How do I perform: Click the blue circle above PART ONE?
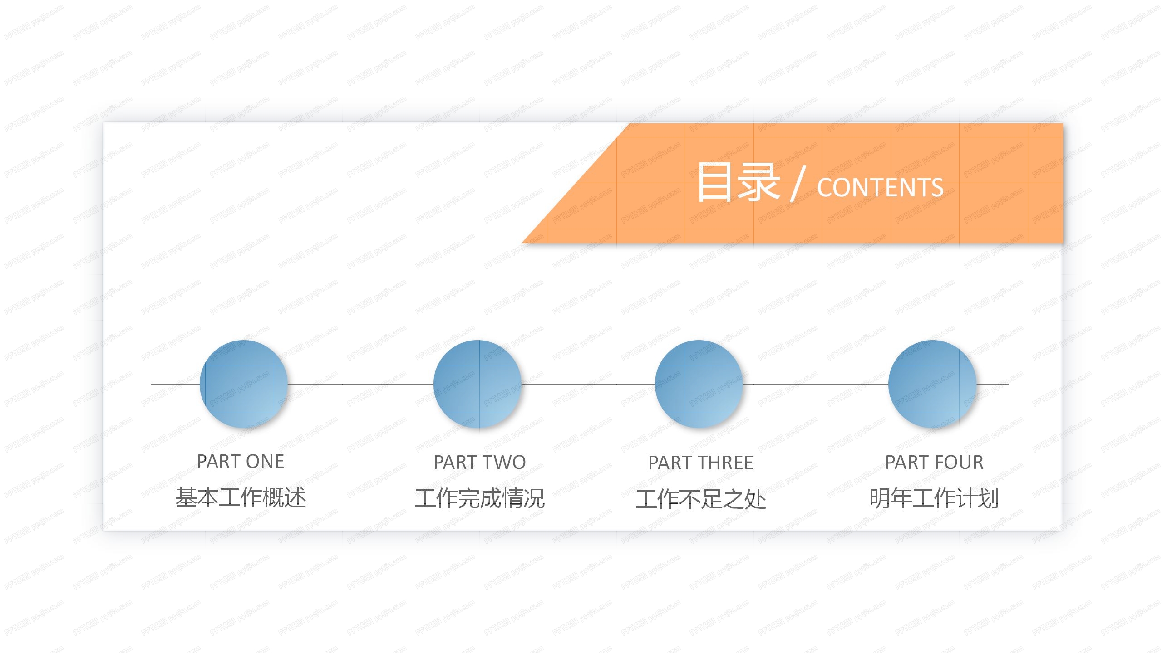pos(244,384)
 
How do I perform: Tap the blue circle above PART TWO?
pos(478,384)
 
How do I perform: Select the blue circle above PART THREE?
pos(699,384)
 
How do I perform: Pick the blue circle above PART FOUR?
pos(932,384)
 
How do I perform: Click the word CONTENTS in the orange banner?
pos(880,187)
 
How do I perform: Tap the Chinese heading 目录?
pos(739,182)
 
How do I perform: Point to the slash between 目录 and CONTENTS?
pos(798,183)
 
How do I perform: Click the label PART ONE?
pos(240,462)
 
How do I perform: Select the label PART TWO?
pos(479,463)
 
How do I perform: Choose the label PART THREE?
pos(700,463)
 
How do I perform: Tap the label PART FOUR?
pos(934,463)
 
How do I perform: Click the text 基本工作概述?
pos(241,497)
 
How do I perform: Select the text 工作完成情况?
pos(479,498)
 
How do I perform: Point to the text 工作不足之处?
pos(700,499)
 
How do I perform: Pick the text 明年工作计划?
pos(934,498)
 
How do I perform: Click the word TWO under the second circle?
pos(504,463)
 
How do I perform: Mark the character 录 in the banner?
pos(758,182)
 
